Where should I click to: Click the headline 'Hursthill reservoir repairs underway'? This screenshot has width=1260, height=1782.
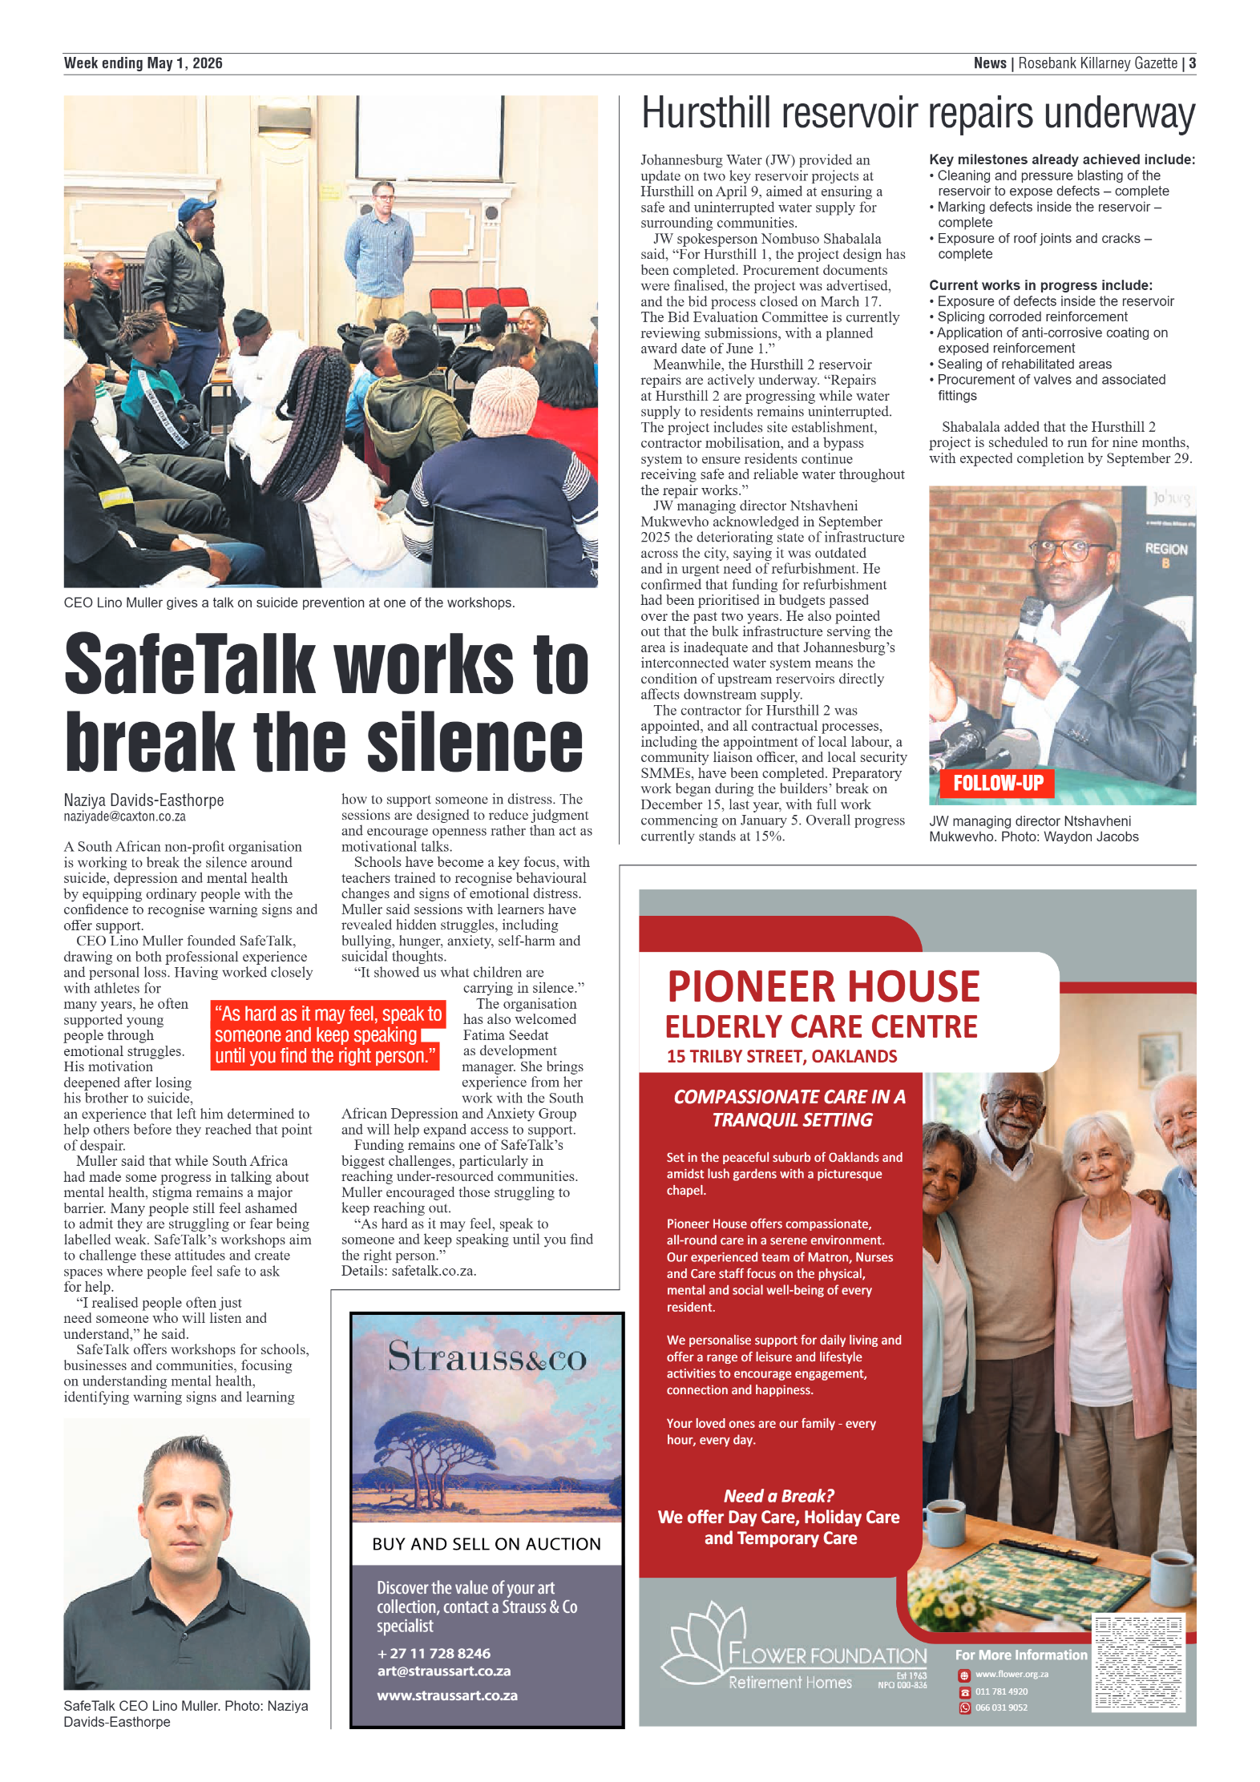918,114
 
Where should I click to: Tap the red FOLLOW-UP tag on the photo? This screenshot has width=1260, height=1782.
998,783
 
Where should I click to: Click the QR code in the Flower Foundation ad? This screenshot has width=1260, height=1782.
1138,1663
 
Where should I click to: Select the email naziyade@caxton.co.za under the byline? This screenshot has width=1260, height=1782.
124,816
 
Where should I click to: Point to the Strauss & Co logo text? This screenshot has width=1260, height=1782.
487,1357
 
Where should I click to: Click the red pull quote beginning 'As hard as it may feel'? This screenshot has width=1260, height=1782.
327,1034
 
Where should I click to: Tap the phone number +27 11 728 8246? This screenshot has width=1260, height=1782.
434,1653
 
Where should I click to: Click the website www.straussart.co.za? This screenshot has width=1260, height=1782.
447,1695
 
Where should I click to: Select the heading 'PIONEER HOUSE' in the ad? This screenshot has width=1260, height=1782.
823,986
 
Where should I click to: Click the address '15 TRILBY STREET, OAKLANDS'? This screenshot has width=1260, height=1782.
781,1056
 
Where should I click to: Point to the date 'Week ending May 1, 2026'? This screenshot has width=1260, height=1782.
143,63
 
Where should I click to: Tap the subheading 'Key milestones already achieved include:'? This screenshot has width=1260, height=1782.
1061,159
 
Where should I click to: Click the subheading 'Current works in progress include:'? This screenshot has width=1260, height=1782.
1040,285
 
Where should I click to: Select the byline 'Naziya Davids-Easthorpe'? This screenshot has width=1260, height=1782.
143,800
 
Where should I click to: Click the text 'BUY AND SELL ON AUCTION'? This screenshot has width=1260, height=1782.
486,1544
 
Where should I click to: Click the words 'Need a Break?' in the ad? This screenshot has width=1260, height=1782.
778,1496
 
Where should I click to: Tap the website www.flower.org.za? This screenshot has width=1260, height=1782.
1012,1674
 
